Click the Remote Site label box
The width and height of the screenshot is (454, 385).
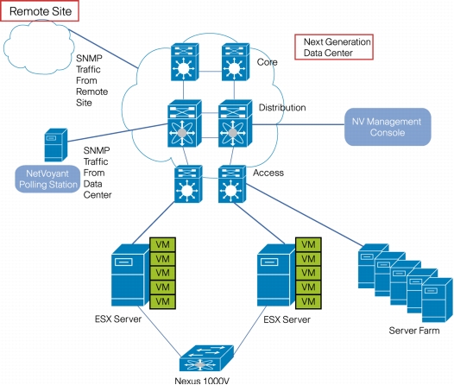point(40,11)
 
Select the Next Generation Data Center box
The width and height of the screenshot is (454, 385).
point(334,47)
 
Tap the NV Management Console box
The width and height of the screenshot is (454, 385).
point(388,127)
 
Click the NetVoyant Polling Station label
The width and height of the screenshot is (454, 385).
point(47,180)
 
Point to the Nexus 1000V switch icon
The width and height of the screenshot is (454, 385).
point(206,357)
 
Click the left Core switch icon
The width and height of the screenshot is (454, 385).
point(185,61)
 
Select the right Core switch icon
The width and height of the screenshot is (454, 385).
point(236,61)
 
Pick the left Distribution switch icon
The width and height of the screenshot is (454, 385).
point(185,123)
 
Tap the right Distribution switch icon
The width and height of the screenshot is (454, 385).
point(235,123)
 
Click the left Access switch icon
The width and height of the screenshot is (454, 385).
point(188,184)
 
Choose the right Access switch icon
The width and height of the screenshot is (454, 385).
point(232,184)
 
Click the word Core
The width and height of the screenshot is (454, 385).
point(267,62)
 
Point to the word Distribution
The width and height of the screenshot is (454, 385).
point(282,107)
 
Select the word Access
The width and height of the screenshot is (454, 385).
point(268,173)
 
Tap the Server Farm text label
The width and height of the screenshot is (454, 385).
point(414,331)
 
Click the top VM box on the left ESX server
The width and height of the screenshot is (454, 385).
point(162,244)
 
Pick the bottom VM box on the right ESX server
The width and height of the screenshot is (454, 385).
point(308,301)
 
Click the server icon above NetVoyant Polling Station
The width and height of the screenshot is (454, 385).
point(55,145)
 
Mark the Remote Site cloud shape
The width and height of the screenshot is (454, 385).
point(38,47)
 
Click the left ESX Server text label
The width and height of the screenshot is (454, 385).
point(118,319)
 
